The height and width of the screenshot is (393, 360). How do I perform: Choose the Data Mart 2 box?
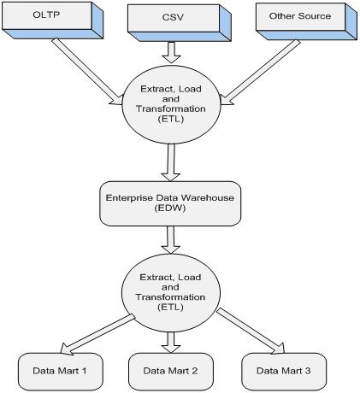171,372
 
